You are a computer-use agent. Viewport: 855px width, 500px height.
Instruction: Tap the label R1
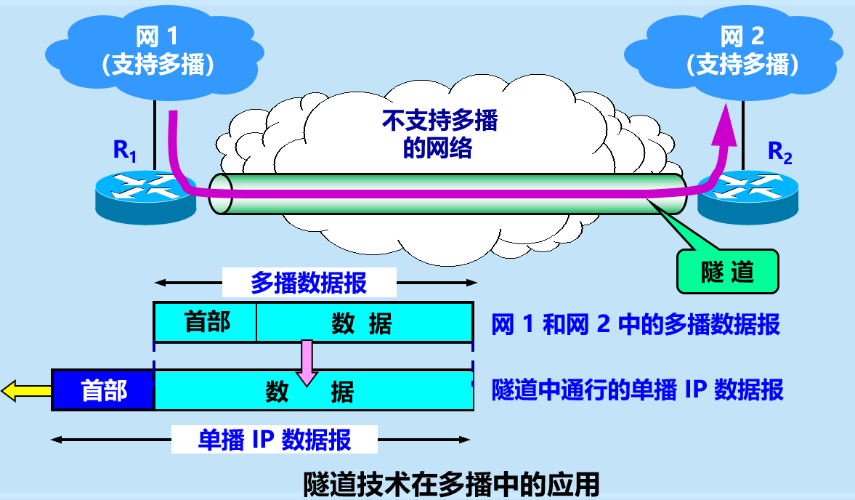point(124,150)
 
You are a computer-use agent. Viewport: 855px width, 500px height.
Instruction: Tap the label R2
point(780,152)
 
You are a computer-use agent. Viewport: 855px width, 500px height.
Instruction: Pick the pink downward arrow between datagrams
point(307,361)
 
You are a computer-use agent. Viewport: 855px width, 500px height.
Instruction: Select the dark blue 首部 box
point(104,391)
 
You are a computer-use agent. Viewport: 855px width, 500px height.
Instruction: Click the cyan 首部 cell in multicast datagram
point(206,322)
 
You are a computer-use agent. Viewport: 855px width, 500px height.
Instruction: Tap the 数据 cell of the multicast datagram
point(362,322)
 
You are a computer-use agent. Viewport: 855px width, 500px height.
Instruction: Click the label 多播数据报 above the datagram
point(309,283)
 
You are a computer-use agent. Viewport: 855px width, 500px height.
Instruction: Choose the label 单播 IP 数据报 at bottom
point(275,440)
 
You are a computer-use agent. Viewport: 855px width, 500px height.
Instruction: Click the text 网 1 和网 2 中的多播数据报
point(636,324)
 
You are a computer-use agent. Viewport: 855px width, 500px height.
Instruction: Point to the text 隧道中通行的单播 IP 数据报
point(637,390)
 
